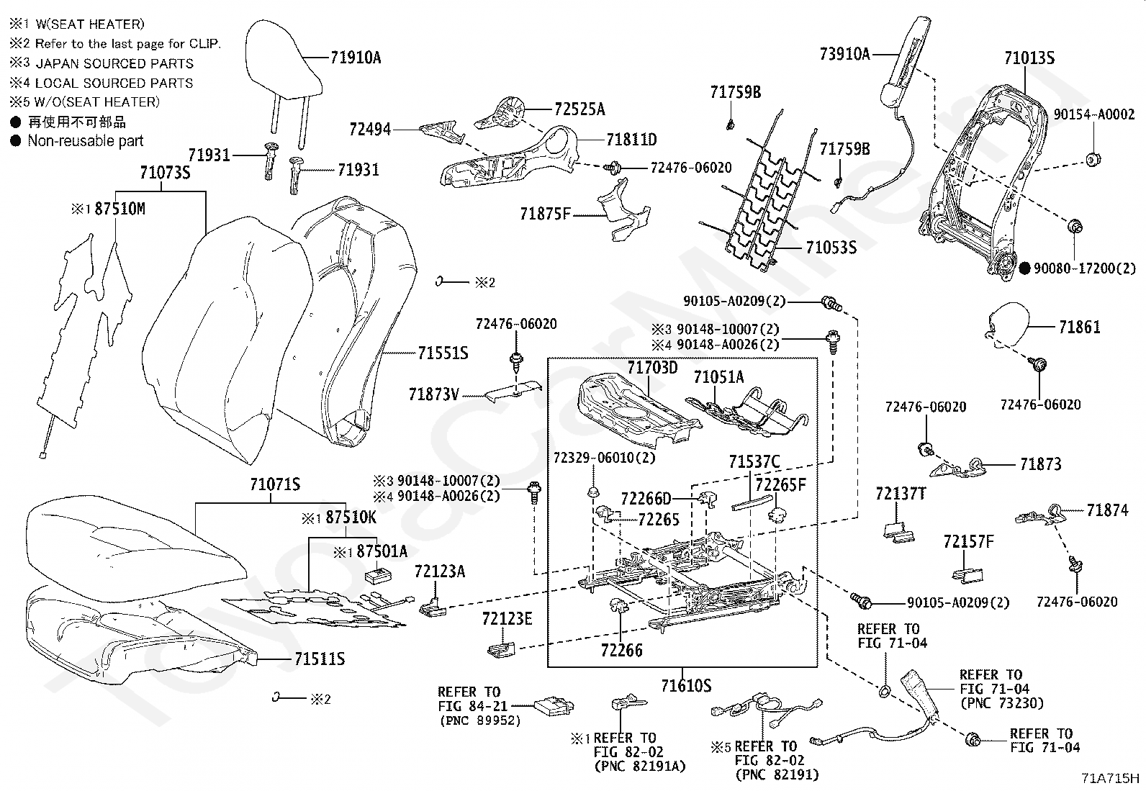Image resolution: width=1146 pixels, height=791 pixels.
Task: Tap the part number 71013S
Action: pyautogui.click(x=1029, y=58)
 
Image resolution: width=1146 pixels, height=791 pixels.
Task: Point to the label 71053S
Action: pyautogui.click(x=831, y=248)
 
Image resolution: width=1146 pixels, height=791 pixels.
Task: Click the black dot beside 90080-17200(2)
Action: pyautogui.click(x=1024, y=268)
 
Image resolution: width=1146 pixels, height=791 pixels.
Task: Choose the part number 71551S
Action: pyautogui.click(x=443, y=353)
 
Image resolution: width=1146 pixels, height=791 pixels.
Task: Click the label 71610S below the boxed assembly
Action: pyautogui.click(x=686, y=685)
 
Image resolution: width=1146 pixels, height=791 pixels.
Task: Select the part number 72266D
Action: pyautogui.click(x=646, y=498)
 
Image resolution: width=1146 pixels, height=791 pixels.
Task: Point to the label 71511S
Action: pyautogui.click(x=320, y=659)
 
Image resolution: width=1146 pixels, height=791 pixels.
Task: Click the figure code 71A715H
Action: pyautogui.click(x=1109, y=778)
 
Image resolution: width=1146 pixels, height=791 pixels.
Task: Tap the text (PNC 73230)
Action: pyautogui.click(x=1001, y=703)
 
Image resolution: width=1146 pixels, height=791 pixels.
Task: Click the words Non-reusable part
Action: pyautogui.click(x=86, y=140)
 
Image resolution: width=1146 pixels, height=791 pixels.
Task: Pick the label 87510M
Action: pyautogui.click(x=119, y=209)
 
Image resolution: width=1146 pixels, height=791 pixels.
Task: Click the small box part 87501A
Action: pyautogui.click(x=379, y=574)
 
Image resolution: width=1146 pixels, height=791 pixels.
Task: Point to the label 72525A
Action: pyautogui.click(x=579, y=109)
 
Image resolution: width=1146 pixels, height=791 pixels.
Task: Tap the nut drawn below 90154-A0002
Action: pyautogui.click(x=1092, y=160)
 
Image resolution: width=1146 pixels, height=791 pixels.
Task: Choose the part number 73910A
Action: pyautogui.click(x=844, y=54)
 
